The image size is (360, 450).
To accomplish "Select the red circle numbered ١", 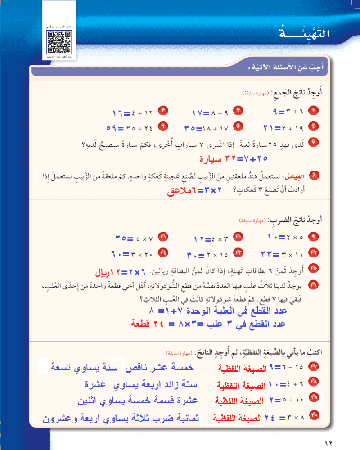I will (314, 110).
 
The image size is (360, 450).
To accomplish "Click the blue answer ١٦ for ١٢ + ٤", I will (120, 111).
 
